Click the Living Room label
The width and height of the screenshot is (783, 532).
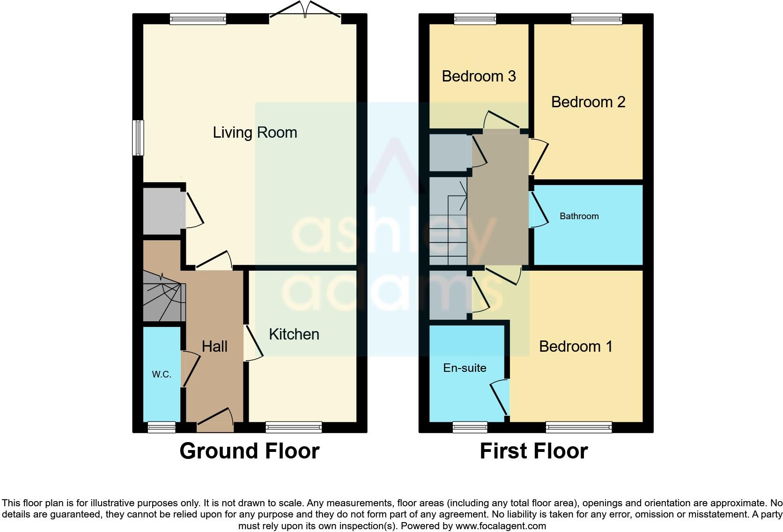[255, 133]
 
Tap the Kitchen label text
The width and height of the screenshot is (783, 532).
[294, 334]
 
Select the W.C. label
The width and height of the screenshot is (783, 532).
[162, 374]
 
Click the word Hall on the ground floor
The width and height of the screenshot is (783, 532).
[214, 347]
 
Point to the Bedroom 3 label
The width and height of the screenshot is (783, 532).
[479, 76]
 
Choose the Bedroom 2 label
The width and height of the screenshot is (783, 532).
[588, 102]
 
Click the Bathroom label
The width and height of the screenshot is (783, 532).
[579, 216]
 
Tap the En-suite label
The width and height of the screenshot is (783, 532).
[465, 368]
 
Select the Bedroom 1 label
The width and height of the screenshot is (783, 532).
[576, 347]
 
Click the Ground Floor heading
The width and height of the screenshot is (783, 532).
[249, 451]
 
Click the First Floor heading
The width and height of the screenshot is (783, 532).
[533, 451]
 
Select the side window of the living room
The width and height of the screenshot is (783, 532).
[138, 138]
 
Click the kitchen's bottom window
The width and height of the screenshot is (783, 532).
[294, 427]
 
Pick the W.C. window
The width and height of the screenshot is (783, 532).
[162, 427]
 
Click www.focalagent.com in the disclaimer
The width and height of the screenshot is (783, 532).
[501, 526]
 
